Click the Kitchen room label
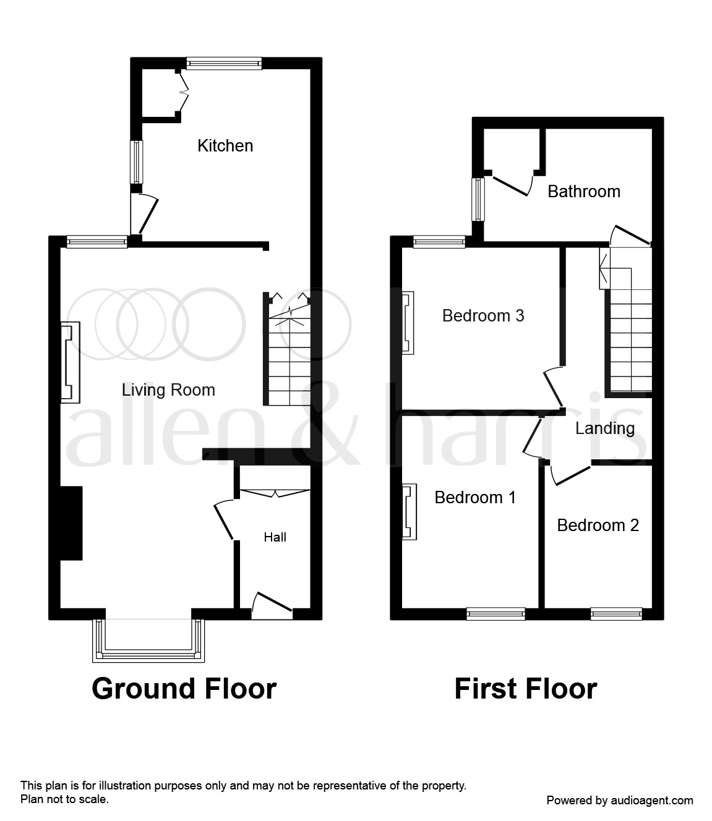tap(225, 146)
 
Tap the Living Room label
tap(168, 390)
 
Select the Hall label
tap(275, 537)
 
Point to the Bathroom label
tap(584, 192)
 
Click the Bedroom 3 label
tap(483, 316)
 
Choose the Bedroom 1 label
tap(475, 497)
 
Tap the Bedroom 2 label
tap(598, 525)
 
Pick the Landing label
tap(604, 428)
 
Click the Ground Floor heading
tap(184, 688)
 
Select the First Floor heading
tap(526, 688)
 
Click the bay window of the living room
tap(148, 640)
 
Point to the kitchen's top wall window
tap(224, 63)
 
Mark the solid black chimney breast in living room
tap(71, 523)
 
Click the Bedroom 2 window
tap(616, 614)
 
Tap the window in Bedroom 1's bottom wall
tap(495, 614)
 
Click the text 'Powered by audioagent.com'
tap(620, 801)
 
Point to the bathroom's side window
tap(478, 199)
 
